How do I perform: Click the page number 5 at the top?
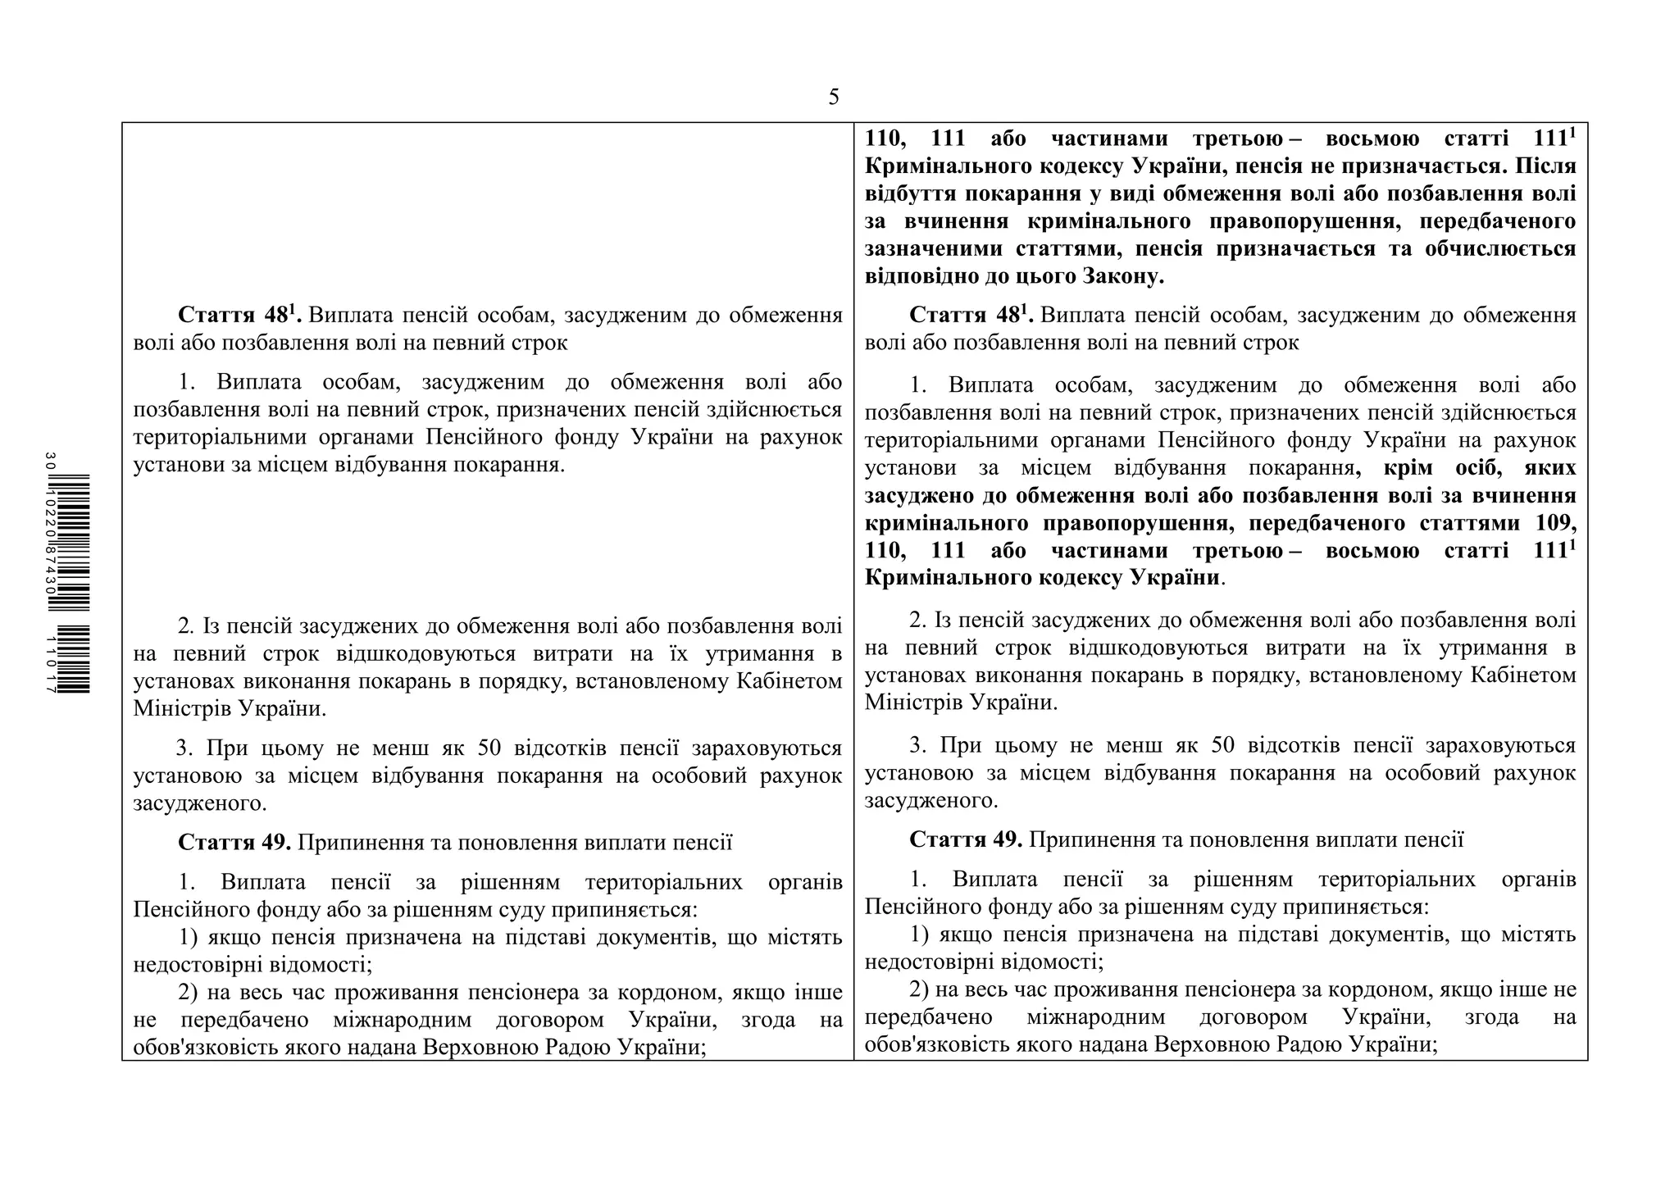pyautogui.click(x=834, y=98)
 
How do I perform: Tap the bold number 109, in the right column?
pyautogui.click(x=1551, y=523)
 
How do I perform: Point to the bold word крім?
pyautogui.click(x=1408, y=468)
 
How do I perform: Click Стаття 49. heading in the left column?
pyautogui.click(x=234, y=843)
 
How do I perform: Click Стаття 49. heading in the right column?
pyautogui.click(x=966, y=839)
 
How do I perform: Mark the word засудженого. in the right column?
pyautogui.click(x=931, y=801)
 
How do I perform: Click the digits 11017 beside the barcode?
pyautogui.click(x=51, y=665)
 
